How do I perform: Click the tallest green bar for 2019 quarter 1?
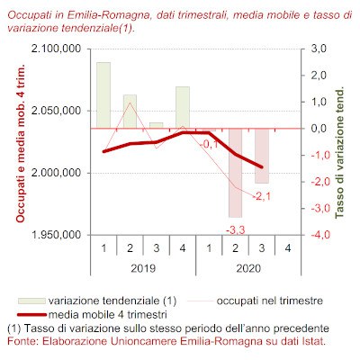[x=103, y=95]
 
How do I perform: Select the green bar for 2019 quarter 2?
[x=130, y=112]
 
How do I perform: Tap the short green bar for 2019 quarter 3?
[x=157, y=125]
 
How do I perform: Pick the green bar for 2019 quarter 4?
[x=183, y=107]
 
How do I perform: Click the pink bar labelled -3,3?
[x=235, y=173]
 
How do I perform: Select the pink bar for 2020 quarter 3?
[x=262, y=156]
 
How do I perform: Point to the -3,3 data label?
[x=236, y=230]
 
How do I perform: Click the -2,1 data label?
[x=262, y=197]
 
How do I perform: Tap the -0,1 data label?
[x=209, y=145]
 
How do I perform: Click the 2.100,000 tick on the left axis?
[x=56, y=49]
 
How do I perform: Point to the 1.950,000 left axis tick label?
[x=56, y=235]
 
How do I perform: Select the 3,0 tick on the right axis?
[x=318, y=49]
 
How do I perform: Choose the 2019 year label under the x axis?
[x=143, y=268]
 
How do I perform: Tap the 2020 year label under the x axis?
[x=248, y=268]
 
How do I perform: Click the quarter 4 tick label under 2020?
[x=288, y=248]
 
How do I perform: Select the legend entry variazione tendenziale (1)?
[x=97, y=301]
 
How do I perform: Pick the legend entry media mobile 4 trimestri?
[x=92, y=315]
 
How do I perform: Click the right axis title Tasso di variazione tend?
[x=339, y=153]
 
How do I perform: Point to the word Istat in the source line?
[x=315, y=341]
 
